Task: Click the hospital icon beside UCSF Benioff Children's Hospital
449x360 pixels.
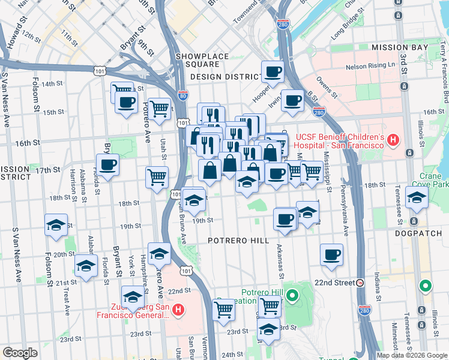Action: tap(393, 141)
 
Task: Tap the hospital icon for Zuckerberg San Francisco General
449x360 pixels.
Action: tap(178, 310)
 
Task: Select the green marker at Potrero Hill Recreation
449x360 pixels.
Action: tap(292, 295)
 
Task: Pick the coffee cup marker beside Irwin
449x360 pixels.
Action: tap(293, 100)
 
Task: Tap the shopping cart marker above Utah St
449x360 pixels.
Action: tap(159, 109)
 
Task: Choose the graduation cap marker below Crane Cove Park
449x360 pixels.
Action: tap(416, 197)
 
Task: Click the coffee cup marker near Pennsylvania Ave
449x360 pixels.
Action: tap(331, 254)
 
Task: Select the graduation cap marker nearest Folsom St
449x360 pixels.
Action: tap(56, 225)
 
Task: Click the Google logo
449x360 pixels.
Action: tap(20, 353)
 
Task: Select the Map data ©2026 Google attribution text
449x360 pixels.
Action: tap(411, 355)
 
